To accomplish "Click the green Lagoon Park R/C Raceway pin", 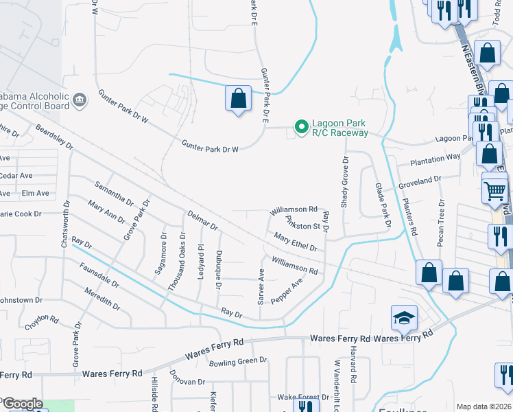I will tap(300, 127).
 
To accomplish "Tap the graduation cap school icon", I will tap(405, 317).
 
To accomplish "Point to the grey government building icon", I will tap(80, 101).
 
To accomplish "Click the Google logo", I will tap(22, 404).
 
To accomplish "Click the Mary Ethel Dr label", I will tap(295, 242).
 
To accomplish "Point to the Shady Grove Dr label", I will tap(346, 182).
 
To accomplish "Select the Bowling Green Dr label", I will tap(237, 361).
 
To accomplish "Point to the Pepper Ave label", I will tap(287, 292).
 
